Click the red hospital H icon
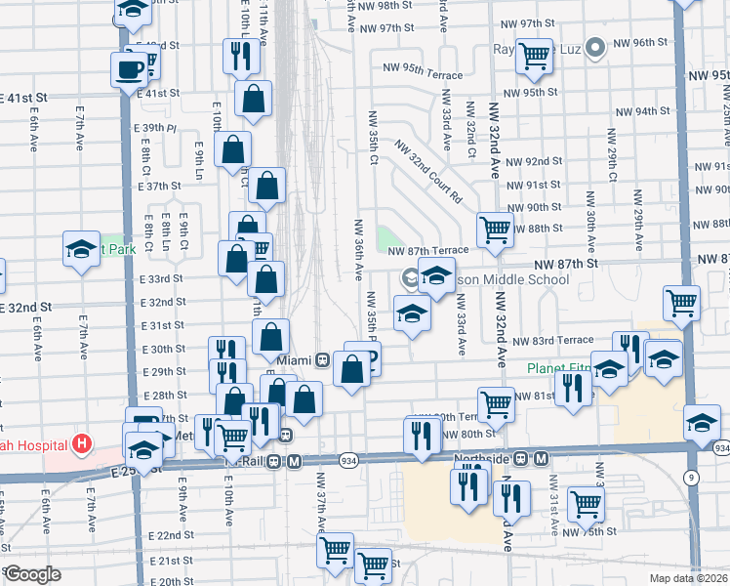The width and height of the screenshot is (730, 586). point(82,443)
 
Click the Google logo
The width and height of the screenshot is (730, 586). point(32,573)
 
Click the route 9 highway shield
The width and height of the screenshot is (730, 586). point(692,478)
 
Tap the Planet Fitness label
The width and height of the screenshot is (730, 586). point(558,368)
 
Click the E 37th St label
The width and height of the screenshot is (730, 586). point(160,186)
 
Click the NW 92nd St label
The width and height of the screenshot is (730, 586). point(535,160)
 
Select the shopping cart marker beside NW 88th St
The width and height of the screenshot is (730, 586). point(495,230)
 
